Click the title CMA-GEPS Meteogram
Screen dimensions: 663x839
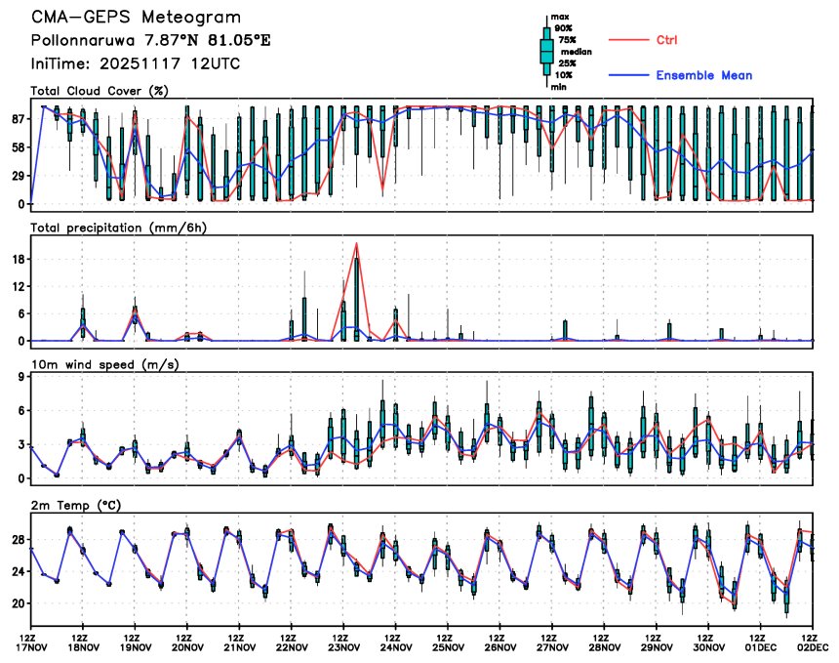(x=136, y=19)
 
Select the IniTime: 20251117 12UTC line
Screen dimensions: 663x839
(x=136, y=63)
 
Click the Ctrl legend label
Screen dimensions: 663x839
(x=667, y=39)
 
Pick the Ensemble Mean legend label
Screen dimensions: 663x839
(x=702, y=75)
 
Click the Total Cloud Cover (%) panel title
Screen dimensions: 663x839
(x=99, y=91)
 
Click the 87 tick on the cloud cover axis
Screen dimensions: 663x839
(x=18, y=118)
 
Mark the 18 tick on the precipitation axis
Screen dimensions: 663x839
(x=18, y=259)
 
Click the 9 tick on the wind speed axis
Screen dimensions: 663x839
(x=20, y=376)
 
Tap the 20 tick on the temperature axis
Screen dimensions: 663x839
(x=18, y=603)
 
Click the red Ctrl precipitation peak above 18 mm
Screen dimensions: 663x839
(x=357, y=243)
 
